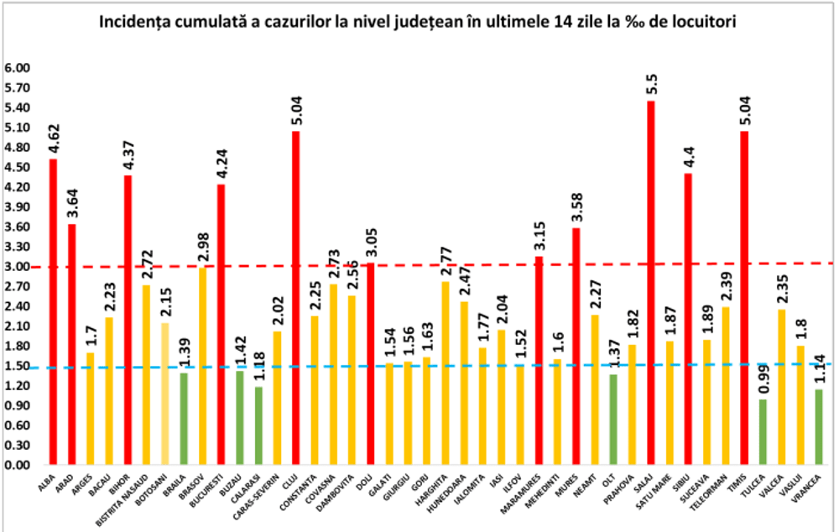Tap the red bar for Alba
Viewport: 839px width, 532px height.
54,311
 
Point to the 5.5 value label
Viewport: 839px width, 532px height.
651,85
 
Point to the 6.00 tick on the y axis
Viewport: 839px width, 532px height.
18,68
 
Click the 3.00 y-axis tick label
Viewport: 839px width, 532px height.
18,267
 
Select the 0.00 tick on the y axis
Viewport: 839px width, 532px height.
18,466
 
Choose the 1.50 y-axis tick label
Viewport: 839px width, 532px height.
18,367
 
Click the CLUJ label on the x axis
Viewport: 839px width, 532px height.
293,482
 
